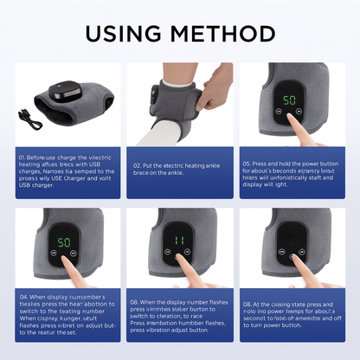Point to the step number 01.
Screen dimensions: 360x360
(21, 157)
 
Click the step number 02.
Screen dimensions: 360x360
(137, 164)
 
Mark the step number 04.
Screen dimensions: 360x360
(22, 297)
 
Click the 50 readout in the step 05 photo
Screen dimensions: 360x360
(289, 100)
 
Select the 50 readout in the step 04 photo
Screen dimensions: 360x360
(63, 243)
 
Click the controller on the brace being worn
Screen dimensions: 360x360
(162, 89)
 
